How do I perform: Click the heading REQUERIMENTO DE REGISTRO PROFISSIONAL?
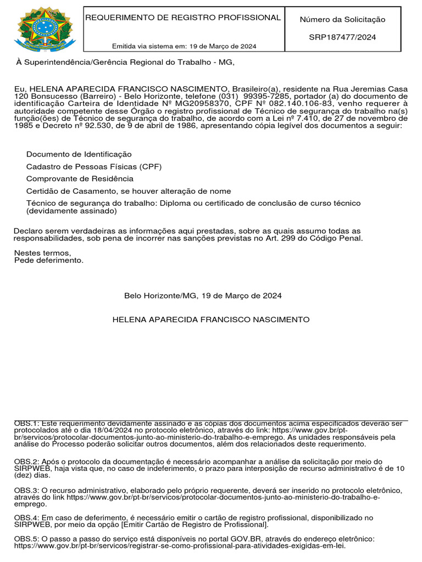tap(182, 18)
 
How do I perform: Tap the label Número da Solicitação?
tap(342, 20)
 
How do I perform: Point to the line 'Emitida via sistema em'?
tap(184, 46)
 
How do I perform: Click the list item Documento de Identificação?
tap(79, 154)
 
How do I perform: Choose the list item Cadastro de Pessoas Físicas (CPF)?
tap(94, 166)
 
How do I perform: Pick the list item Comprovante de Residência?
tap(80, 179)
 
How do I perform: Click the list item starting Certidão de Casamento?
tap(129, 191)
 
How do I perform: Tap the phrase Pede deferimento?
tap(49, 260)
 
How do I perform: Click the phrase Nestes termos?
tap(42, 253)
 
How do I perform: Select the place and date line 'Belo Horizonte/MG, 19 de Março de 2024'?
tap(203, 296)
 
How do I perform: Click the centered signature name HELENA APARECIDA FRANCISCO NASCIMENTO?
tap(211, 319)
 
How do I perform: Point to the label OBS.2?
tap(26, 462)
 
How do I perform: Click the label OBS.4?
tap(26, 518)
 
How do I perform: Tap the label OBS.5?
tap(26, 539)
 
